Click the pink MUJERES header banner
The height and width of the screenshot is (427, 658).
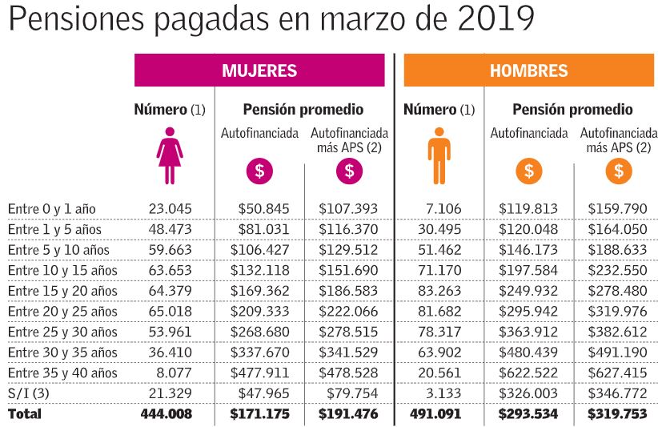[x=259, y=70]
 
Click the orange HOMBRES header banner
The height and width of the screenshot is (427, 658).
[x=528, y=70]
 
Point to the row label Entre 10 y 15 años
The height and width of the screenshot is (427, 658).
[x=62, y=270]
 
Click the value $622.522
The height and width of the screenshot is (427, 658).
[x=528, y=373]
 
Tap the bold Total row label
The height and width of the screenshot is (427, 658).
[x=25, y=414]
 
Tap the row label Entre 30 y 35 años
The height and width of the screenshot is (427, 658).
[x=62, y=352]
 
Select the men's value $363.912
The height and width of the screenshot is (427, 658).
[x=528, y=332]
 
